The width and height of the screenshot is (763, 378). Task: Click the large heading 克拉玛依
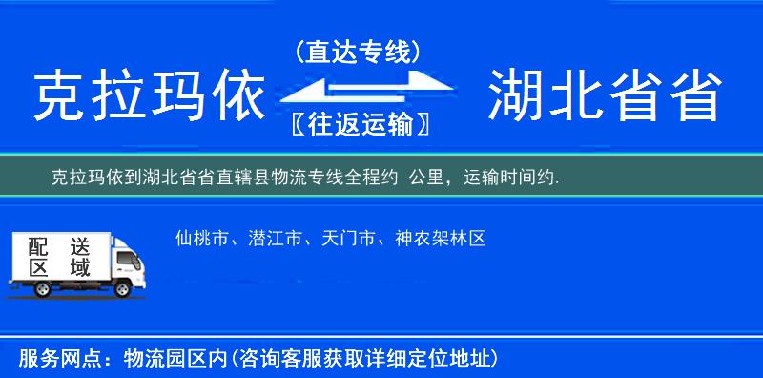[x=148, y=96]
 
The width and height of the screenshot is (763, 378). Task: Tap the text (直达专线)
[x=359, y=52]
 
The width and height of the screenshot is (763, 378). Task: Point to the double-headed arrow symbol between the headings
[x=360, y=89]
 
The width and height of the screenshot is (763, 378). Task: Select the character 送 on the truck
[x=79, y=245]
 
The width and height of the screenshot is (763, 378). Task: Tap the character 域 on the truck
[x=79, y=267]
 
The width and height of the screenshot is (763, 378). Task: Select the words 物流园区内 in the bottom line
[x=172, y=359]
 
